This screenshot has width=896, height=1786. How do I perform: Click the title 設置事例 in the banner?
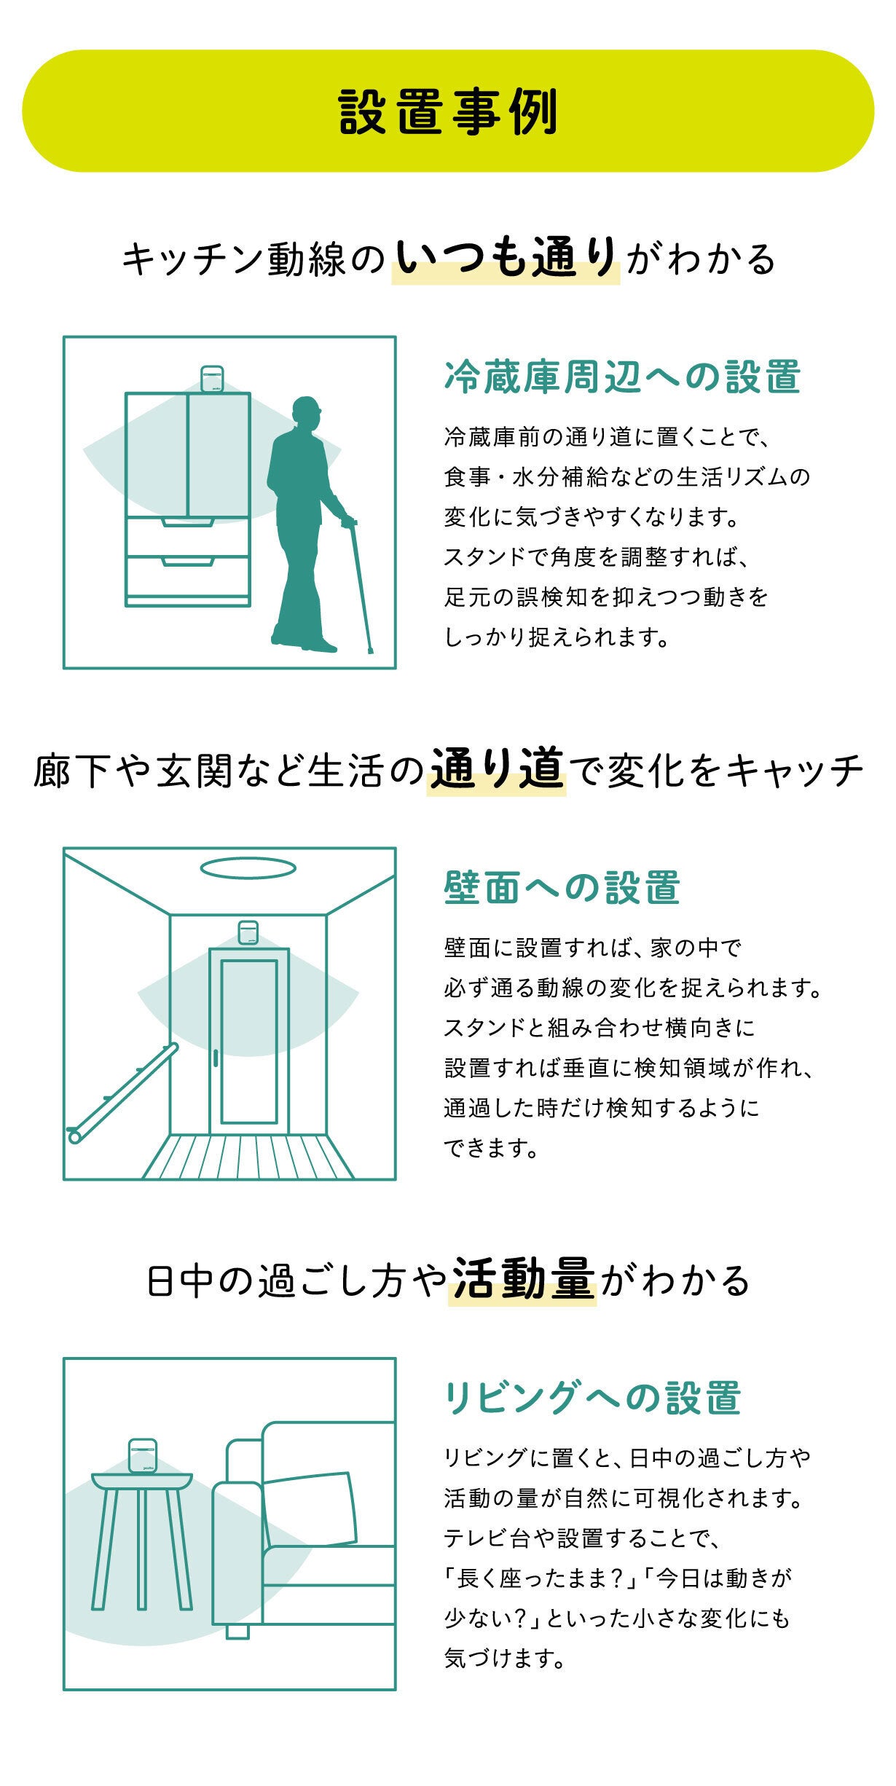pos(448,111)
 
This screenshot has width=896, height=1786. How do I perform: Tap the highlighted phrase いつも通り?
pos(506,259)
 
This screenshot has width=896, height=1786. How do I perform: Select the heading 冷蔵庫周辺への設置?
pos(622,377)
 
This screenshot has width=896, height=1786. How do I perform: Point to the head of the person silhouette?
pos(307,414)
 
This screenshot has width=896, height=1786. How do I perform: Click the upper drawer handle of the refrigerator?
pos(187,522)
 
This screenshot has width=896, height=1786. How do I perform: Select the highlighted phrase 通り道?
pos(497,768)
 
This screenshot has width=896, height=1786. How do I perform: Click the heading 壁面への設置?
pos(562,888)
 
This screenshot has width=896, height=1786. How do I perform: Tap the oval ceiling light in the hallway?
pos(248,868)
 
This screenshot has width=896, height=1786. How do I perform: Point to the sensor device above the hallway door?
pos(248,932)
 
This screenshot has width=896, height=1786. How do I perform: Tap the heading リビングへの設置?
pos(593,1398)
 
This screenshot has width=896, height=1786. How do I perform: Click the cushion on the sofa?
pos(310,1509)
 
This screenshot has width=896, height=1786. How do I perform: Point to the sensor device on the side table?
pos(142,1456)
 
